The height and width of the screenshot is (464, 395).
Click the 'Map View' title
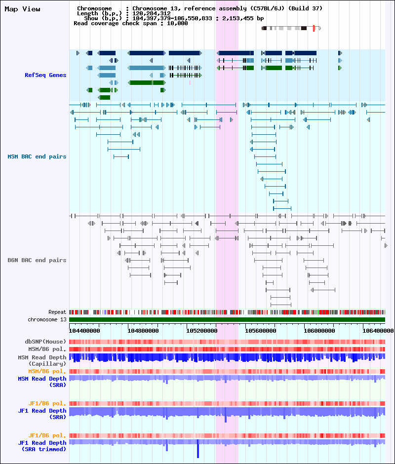[23, 9]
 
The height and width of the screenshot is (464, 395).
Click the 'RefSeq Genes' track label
[45, 75]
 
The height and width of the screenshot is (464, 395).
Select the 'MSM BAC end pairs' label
[37, 156]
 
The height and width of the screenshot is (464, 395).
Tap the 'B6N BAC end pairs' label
[37, 260]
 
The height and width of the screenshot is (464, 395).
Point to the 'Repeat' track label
[57, 312]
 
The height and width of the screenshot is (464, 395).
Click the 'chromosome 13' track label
[47, 319]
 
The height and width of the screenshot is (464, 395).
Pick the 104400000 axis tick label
[84, 331]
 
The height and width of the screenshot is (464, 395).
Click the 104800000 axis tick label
[143, 331]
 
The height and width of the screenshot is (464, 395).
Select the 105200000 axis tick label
[201, 331]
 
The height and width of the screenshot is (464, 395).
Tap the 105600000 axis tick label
[261, 331]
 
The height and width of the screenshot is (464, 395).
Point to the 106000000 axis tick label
[319, 331]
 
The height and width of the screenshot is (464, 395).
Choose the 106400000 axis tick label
[378, 331]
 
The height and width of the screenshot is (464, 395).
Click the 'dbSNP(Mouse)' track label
[45, 342]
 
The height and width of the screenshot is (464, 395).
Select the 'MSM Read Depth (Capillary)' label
[42, 361]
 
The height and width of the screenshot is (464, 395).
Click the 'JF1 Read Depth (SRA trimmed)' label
[42, 446]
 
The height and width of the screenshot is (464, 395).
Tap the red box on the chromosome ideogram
[314, 29]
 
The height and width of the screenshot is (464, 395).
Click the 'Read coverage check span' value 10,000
[177, 23]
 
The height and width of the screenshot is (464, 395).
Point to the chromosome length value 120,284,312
[151, 14]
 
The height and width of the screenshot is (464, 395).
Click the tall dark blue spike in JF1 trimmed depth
[198, 449]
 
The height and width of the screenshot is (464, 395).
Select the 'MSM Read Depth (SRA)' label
[42, 382]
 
